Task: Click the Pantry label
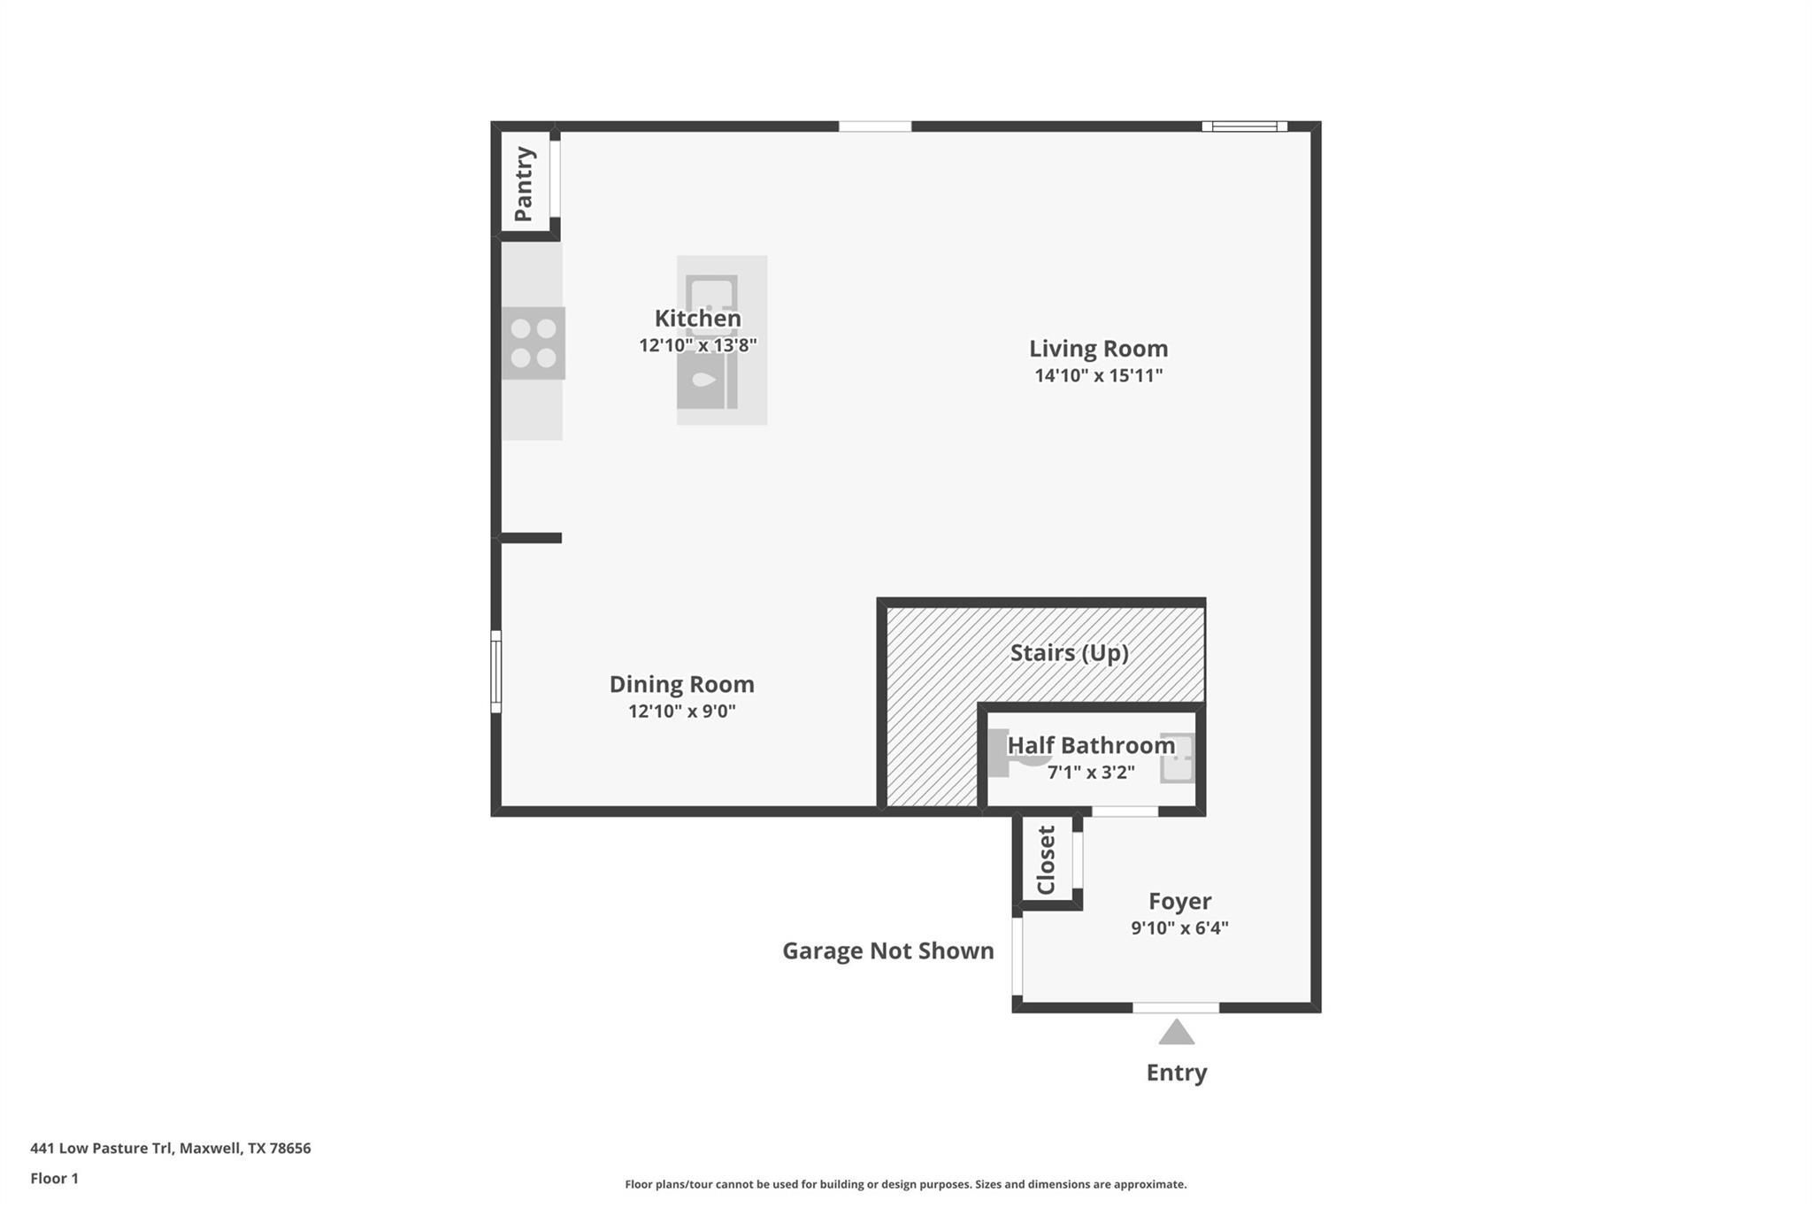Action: coord(524,184)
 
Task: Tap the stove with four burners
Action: coord(534,343)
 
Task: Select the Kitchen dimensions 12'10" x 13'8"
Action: coord(698,345)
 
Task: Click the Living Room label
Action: coord(1098,349)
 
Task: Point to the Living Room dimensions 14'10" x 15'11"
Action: coord(1098,375)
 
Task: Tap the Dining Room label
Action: coord(681,684)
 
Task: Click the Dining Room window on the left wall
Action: coord(496,671)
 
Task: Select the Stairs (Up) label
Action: coord(1069,653)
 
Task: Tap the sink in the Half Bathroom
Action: coord(1178,758)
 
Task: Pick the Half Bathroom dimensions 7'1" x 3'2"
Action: coord(1091,773)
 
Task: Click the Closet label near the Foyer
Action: coord(1047,860)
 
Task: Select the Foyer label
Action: coord(1179,901)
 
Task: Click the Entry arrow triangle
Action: coord(1176,1033)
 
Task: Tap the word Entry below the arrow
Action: coord(1176,1073)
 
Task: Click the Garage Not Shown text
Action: coord(887,950)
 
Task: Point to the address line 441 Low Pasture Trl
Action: coord(171,1148)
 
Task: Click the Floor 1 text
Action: coord(55,1178)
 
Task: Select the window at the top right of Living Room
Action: coord(1244,127)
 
